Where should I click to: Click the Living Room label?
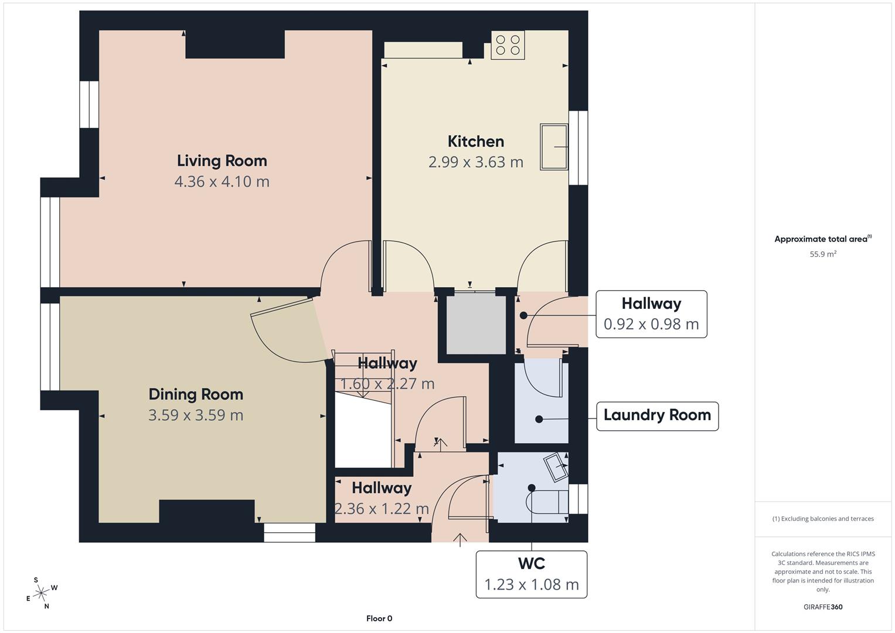222,161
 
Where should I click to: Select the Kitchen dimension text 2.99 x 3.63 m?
475,162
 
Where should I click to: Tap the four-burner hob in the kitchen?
508,45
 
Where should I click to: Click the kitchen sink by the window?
554,147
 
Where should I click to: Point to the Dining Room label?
196,394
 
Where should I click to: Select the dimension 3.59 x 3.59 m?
196,416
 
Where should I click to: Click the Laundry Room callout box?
657,416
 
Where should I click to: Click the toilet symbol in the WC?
549,502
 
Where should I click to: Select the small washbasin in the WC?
556,467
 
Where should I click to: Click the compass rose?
41,594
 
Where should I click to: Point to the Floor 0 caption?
379,618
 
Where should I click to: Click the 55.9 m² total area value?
823,254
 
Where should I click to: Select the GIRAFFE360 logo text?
823,607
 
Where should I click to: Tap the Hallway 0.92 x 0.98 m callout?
651,314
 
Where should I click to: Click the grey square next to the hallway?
476,325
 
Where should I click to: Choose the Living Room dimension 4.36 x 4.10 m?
222,182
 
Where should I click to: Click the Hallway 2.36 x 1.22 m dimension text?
382,509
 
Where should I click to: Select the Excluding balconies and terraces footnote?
823,519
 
